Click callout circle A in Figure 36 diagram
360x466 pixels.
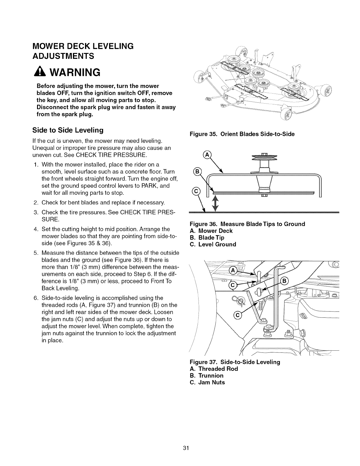click(207, 155)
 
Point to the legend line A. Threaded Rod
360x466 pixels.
click(214, 369)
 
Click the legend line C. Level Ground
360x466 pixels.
click(213, 244)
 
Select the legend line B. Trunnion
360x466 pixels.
click(207, 376)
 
